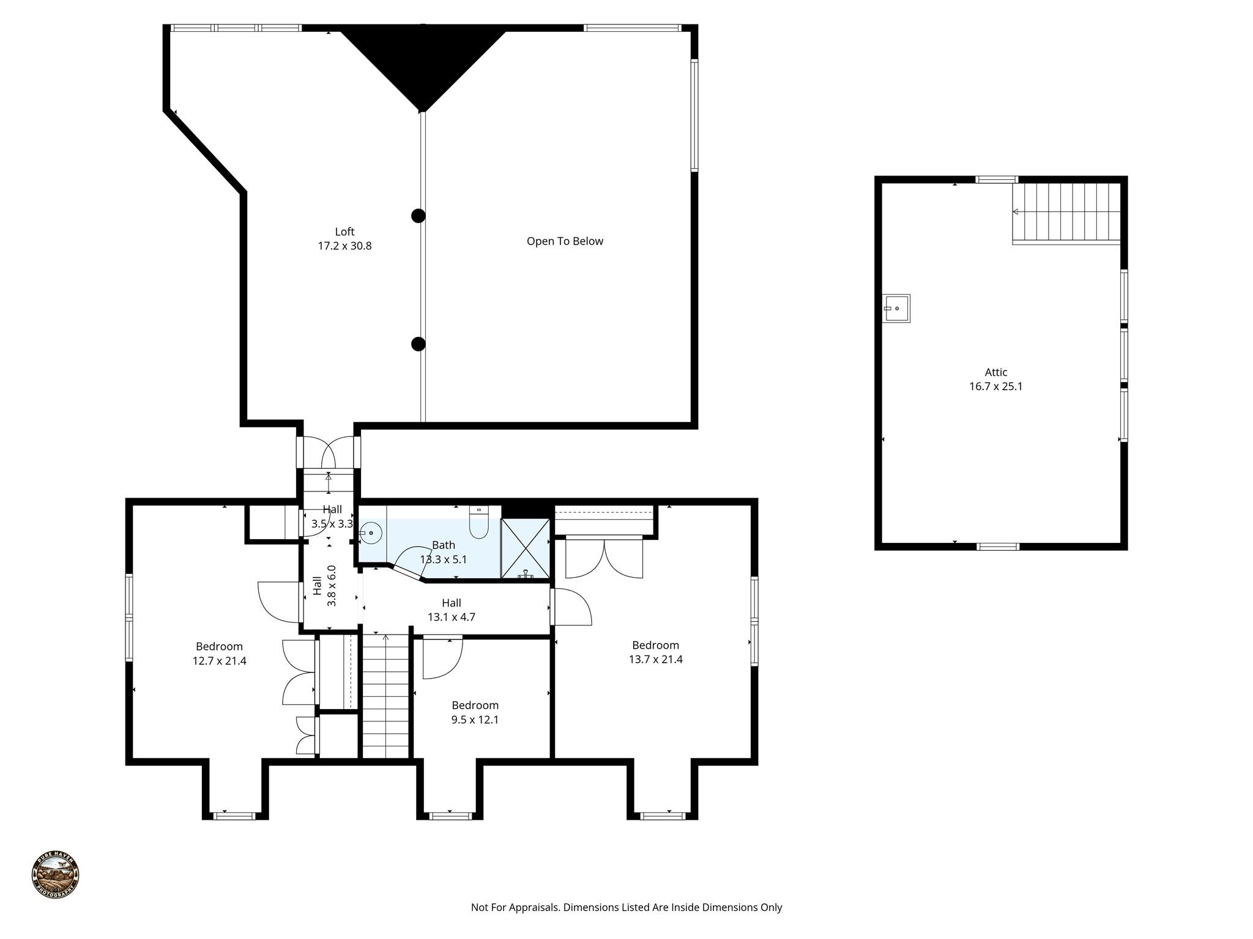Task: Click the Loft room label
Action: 344,232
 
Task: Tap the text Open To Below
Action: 565,241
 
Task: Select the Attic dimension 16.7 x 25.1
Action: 995,386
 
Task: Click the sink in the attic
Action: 896,308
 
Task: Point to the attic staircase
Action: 1066,213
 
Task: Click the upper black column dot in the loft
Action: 418,216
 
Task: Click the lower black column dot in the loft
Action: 418,344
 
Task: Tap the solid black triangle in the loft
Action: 422,61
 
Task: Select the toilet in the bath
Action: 478,523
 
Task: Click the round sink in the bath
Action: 371,534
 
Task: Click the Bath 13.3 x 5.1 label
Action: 444,552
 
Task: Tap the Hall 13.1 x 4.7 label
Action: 451,610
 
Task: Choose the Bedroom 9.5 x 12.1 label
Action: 475,712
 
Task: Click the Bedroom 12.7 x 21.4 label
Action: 219,654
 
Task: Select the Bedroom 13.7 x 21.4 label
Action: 655,652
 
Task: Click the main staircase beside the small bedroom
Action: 385,697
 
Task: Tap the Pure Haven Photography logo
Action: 55,875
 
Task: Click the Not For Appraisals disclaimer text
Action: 626,907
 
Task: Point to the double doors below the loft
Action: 329,452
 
